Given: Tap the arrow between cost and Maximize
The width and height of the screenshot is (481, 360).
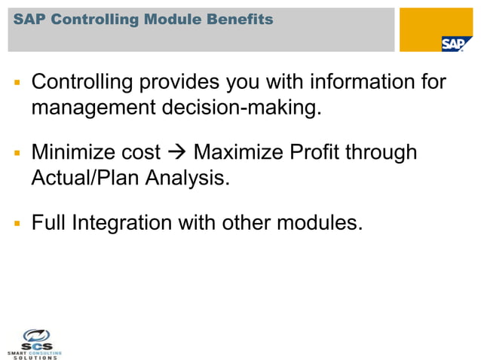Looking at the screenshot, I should pyautogui.click(x=177, y=154).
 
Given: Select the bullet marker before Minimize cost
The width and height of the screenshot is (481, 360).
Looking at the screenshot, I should pyautogui.click(x=16, y=154).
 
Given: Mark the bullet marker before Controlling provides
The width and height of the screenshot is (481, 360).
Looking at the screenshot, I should pyautogui.click(x=16, y=82).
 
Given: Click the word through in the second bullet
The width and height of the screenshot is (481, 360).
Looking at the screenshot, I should pyautogui.click(x=381, y=153).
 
